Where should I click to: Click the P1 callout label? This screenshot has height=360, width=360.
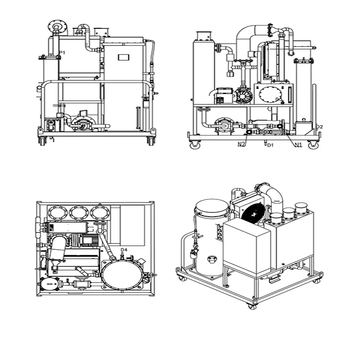point(63,53)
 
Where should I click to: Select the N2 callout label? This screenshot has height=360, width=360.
point(242,144)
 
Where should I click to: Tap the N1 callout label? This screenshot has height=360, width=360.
point(298,144)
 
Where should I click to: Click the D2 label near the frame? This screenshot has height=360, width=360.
point(319,127)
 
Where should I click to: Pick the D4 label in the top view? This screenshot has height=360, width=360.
point(124,250)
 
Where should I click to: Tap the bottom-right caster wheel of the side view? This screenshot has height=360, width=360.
point(310,145)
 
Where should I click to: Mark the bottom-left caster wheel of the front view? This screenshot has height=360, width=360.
point(43,141)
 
